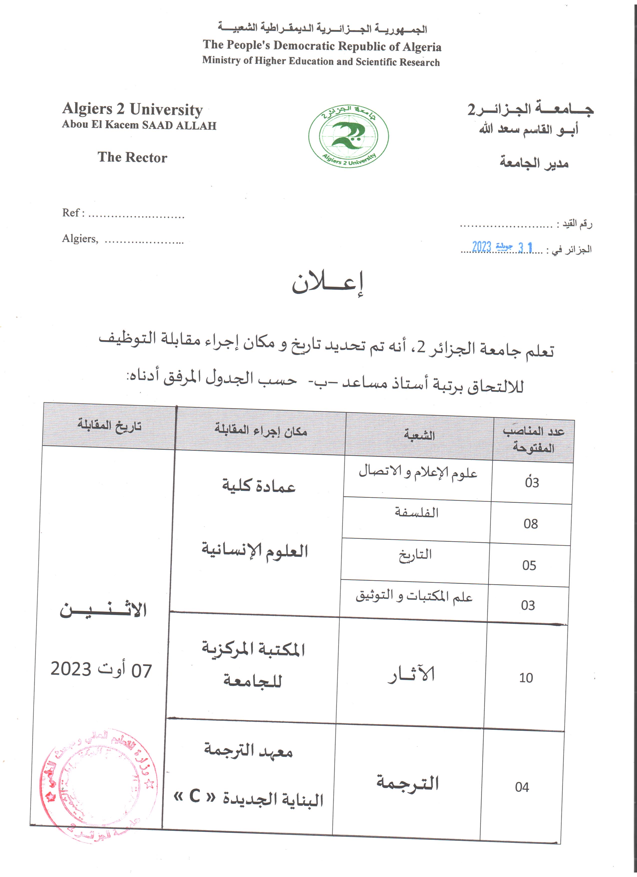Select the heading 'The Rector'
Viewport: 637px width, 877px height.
point(132,157)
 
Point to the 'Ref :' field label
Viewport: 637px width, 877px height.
point(73,213)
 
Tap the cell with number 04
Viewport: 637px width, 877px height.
point(522,787)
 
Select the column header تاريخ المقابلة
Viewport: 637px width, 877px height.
point(109,425)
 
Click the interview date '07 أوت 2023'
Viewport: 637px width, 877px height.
point(101,669)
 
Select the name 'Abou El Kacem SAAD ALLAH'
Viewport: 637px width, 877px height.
point(139,125)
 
